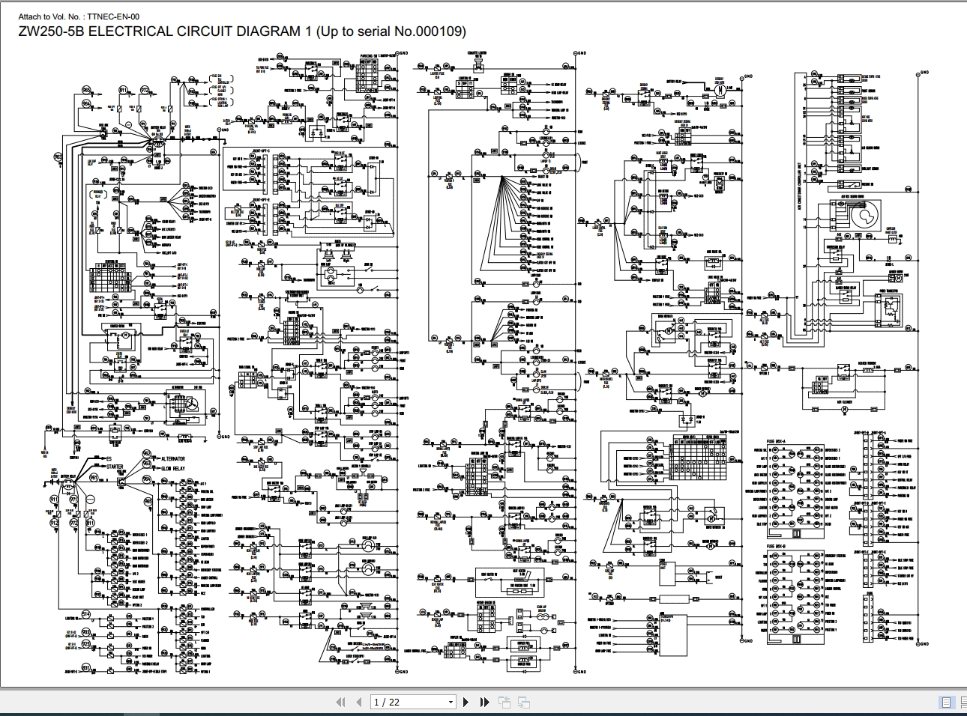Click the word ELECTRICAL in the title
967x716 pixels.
pyautogui.click(x=131, y=31)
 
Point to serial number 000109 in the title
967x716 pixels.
pyautogui.click(x=439, y=31)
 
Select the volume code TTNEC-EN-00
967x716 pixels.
pyautogui.click(x=113, y=16)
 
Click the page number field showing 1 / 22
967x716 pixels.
pyautogui.click(x=409, y=702)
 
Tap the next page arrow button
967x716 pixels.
pyautogui.click(x=466, y=702)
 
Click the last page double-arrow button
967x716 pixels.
pyautogui.click(x=484, y=702)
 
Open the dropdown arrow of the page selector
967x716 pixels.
pyautogui.click(x=451, y=702)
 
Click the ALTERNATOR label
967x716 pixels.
pyautogui.click(x=173, y=458)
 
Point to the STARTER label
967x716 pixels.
pyautogui.click(x=115, y=467)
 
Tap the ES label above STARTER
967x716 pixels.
pyautogui.click(x=108, y=458)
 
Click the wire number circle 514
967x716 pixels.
pyautogui.click(x=86, y=614)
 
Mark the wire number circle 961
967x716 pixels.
pyautogui.click(x=94, y=477)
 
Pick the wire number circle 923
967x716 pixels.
pyautogui.click(x=86, y=643)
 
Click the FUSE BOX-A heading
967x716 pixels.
pyautogui.click(x=777, y=442)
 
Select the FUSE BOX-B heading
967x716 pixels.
pyautogui.click(x=777, y=546)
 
